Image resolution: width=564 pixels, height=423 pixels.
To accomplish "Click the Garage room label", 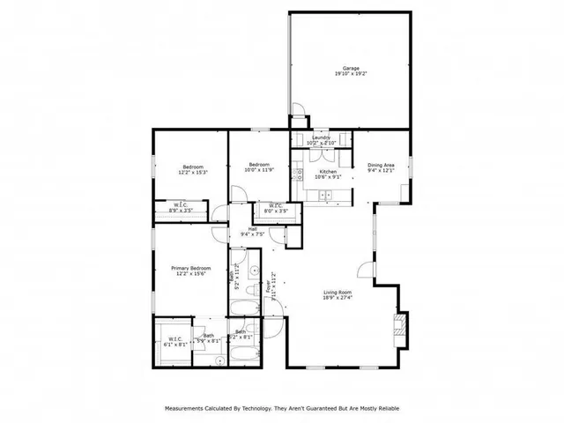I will pos(350,70).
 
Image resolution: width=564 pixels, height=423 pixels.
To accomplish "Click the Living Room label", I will pos(338,295).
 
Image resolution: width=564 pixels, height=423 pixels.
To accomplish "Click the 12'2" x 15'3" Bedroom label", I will pos(193,170).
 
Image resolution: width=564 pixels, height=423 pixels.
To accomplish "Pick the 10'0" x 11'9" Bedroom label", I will pos(258,167).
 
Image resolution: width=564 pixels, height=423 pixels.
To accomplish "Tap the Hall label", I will pos(253,231).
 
